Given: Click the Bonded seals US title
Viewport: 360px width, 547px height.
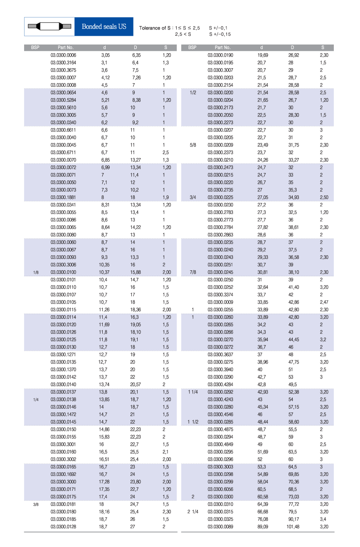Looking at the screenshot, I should pyautogui.click(x=104, y=27).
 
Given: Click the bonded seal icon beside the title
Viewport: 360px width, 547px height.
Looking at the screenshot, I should pyautogui.click(x=49, y=27).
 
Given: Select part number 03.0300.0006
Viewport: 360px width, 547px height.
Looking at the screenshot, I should pyautogui.click(x=63, y=55).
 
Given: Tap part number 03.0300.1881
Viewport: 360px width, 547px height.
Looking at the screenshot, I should pyautogui.click(x=63, y=197).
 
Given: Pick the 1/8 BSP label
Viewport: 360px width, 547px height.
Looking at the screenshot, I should pyautogui.click(x=36, y=272).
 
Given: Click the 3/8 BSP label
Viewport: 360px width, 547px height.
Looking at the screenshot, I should pyautogui.click(x=36, y=505).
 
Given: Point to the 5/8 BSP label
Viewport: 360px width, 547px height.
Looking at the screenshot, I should pyautogui.click(x=192, y=145).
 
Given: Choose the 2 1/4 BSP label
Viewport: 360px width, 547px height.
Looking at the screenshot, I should pyautogui.click(x=192, y=512).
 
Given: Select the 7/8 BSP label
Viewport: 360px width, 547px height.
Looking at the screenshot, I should pyautogui.click(x=192, y=272).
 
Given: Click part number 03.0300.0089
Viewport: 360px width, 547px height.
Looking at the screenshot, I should pyautogui.click(x=220, y=527).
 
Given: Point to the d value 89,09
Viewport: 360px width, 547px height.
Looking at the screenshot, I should pyautogui.click(x=262, y=527).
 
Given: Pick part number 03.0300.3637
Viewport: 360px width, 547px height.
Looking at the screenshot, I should pyautogui.click(x=220, y=354).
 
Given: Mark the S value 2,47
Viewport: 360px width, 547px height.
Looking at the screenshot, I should pyautogui.click(x=324, y=302).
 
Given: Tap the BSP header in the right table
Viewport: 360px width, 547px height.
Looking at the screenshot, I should pyautogui.click(x=192, y=47).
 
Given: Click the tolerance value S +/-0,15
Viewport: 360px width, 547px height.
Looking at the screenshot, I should pyautogui.click(x=220, y=35).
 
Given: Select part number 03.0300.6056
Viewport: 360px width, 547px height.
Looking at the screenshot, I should pyautogui.click(x=220, y=489).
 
